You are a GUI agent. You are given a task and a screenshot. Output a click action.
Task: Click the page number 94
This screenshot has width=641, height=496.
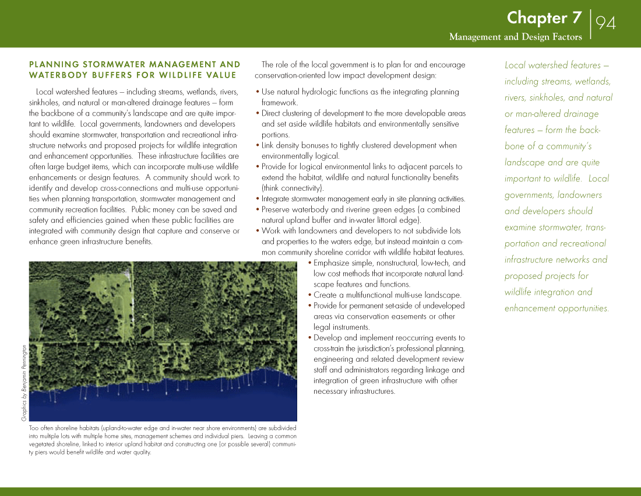[x=606, y=23]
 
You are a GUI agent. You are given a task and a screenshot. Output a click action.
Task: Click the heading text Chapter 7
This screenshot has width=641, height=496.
[x=544, y=18]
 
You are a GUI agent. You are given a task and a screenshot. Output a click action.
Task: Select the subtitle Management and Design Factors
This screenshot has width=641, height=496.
[x=515, y=37]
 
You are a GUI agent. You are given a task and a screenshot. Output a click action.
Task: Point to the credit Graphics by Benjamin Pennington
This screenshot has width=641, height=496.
[x=24, y=382]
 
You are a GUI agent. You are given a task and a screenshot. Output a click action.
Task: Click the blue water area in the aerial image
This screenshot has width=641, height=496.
[x=175, y=403]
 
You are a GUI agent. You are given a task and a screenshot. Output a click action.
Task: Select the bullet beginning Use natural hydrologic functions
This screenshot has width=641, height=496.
[x=360, y=92]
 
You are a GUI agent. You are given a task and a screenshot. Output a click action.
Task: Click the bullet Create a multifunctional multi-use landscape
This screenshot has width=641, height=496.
[x=387, y=295]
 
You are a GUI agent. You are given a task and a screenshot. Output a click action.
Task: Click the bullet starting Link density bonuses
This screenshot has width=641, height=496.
[x=359, y=145]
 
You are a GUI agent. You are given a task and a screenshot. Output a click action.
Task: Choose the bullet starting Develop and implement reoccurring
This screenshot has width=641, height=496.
[x=389, y=338]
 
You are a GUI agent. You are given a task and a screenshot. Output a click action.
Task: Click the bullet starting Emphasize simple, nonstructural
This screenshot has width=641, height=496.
[x=389, y=263]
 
